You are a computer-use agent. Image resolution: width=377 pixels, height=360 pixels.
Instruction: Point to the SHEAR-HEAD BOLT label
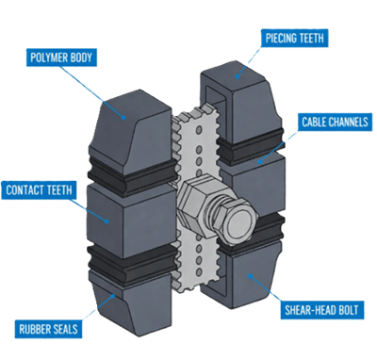321,309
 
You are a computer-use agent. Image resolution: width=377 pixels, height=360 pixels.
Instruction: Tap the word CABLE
313,122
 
